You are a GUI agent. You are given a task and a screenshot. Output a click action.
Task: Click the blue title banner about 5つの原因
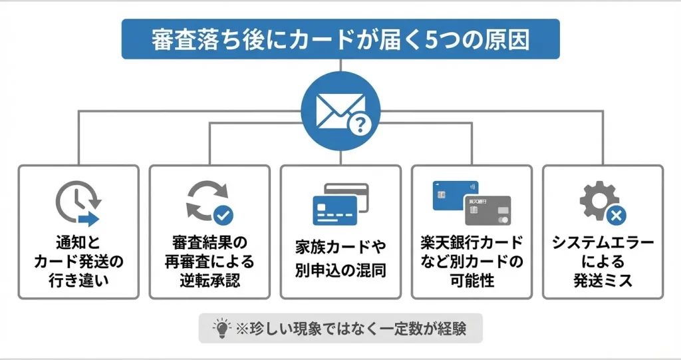coord(340,39)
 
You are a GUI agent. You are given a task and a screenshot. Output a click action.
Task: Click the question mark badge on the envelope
coord(360,123)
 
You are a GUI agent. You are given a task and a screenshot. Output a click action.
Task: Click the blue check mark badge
coord(224,214)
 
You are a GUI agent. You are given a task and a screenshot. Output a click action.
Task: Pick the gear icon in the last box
coord(597,200)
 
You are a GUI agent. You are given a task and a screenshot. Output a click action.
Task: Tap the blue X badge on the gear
coord(616,215)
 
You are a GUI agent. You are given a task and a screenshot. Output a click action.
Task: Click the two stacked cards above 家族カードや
coord(340,204)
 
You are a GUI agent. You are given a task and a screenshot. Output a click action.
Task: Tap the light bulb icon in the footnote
coord(219,328)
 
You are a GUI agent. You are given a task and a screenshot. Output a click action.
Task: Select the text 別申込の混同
coord(340,271)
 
